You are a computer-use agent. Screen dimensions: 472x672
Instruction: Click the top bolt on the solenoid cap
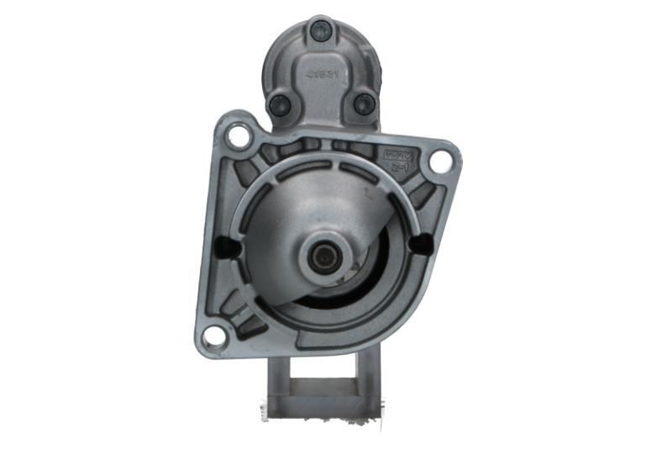320,31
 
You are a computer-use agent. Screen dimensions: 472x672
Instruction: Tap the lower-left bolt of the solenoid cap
279,105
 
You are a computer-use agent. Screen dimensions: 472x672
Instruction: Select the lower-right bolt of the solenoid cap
363,103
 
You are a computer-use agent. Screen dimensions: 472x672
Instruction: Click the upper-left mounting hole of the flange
239,135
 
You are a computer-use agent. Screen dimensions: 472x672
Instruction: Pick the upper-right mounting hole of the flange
440,162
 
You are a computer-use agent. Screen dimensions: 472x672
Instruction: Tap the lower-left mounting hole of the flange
214,336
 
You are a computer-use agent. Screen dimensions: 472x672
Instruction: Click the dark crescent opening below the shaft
336,294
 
